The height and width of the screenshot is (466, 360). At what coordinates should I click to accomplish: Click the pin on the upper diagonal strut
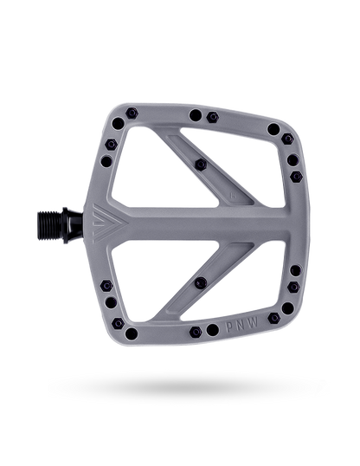click(201, 164)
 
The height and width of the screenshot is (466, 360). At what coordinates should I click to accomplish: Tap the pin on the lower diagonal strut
click(201, 283)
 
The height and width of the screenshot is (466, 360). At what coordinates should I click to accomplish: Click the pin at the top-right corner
click(273, 129)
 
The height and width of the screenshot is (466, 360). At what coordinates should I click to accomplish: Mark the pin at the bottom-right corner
click(273, 319)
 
